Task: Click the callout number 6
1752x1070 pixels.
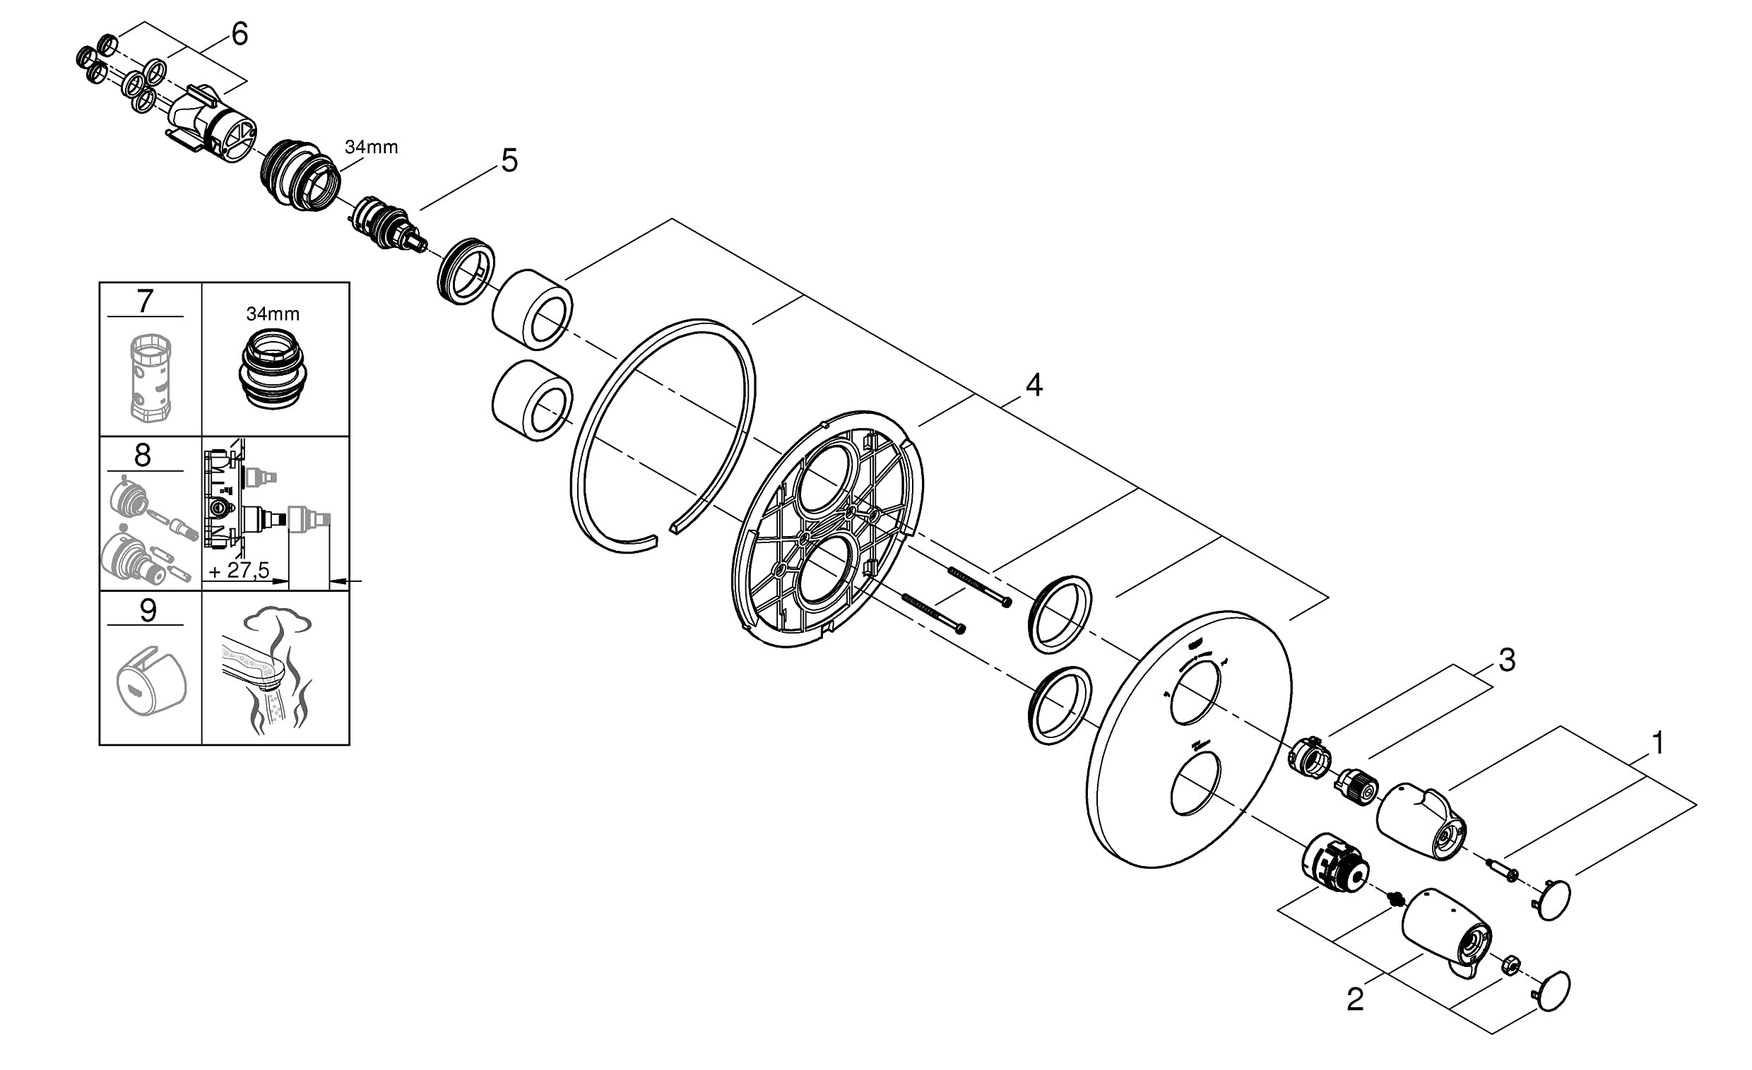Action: pyautogui.click(x=239, y=34)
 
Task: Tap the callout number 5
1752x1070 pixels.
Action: pyautogui.click(x=509, y=161)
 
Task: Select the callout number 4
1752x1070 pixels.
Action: pyautogui.click(x=1033, y=385)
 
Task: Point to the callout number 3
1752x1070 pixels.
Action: pyautogui.click(x=1507, y=660)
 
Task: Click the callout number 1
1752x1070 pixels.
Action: pyautogui.click(x=1657, y=744)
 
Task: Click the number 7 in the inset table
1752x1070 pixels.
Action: pyautogui.click(x=145, y=301)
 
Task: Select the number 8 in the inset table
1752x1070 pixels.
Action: pyautogui.click(x=143, y=456)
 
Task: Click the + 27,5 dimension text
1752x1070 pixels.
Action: pyautogui.click(x=239, y=570)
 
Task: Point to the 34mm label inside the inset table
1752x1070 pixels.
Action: pyautogui.click(x=272, y=314)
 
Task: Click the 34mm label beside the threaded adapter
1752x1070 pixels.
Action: pyautogui.click(x=371, y=147)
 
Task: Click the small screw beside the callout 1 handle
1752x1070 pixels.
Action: pyautogui.click(x=1503, y=870)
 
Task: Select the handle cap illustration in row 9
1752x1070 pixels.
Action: pyautogui.click(x=150, y=680)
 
